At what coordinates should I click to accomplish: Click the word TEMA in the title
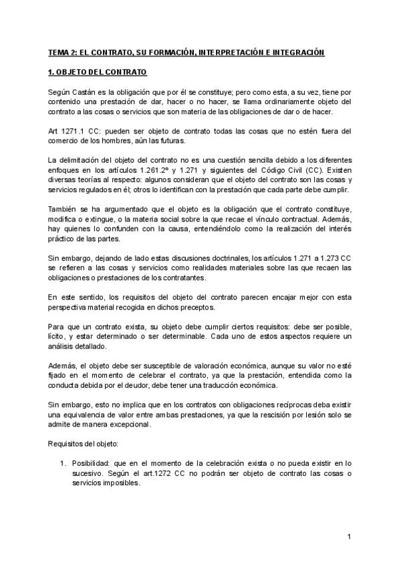pyautogui.click(x=58, y=51)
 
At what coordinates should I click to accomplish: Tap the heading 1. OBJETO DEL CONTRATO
pyautogui.click(x=99, y=72)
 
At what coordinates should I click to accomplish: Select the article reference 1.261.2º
pyautogui.click(x=175, y=170)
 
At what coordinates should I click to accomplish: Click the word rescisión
pyautogui.click(x=269, y=414)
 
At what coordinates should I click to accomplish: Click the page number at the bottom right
pyautogui.click(x=349, y=537)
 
